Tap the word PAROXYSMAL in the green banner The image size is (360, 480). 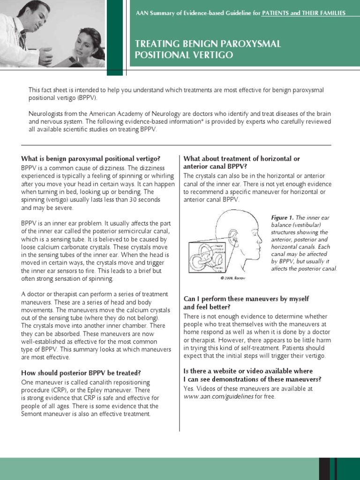(251, 44)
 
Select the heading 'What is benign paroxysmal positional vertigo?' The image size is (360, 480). (90, 158)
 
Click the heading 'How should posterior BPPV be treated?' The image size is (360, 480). (81, 373)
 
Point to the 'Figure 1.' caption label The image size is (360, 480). (282, 217)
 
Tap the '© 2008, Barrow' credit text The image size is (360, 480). (233, 278)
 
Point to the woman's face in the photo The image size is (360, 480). (86, 42)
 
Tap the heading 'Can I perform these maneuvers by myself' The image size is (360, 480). (246, 299)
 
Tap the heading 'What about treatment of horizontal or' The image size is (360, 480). (241, 158)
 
